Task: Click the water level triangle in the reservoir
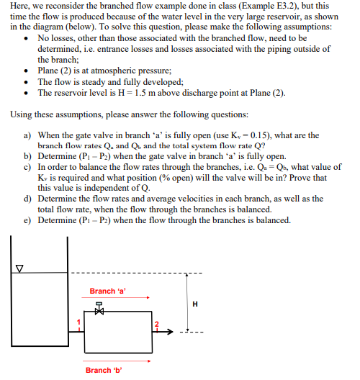tap(20, 269)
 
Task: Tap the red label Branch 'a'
tap(107, 291)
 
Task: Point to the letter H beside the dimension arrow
tap(194, 303)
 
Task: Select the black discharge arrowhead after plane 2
tap(171, 332)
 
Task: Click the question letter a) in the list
tap(27, 135)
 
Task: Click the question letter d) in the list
tap(27, 199)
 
